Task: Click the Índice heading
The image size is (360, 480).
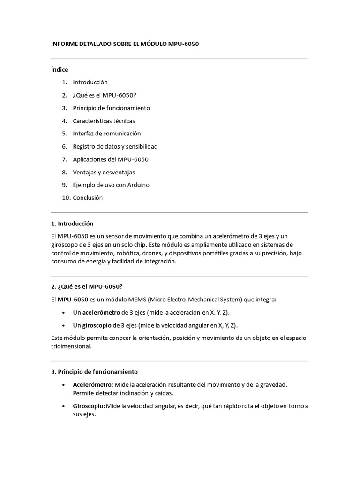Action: point(60,70)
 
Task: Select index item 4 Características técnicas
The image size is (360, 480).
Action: point(104,121)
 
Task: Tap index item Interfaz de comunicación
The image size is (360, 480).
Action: point(106,134)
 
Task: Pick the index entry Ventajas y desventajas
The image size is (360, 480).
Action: point(104,172)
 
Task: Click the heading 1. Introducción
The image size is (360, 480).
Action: point(72,224)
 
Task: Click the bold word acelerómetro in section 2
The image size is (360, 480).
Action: point(101,312)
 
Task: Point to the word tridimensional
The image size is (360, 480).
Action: point(71,347)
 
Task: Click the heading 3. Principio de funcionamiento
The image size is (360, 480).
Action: point(94,372)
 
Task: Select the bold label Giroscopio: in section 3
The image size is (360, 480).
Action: point(89,406)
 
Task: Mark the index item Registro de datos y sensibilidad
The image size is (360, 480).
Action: point(115,146)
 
